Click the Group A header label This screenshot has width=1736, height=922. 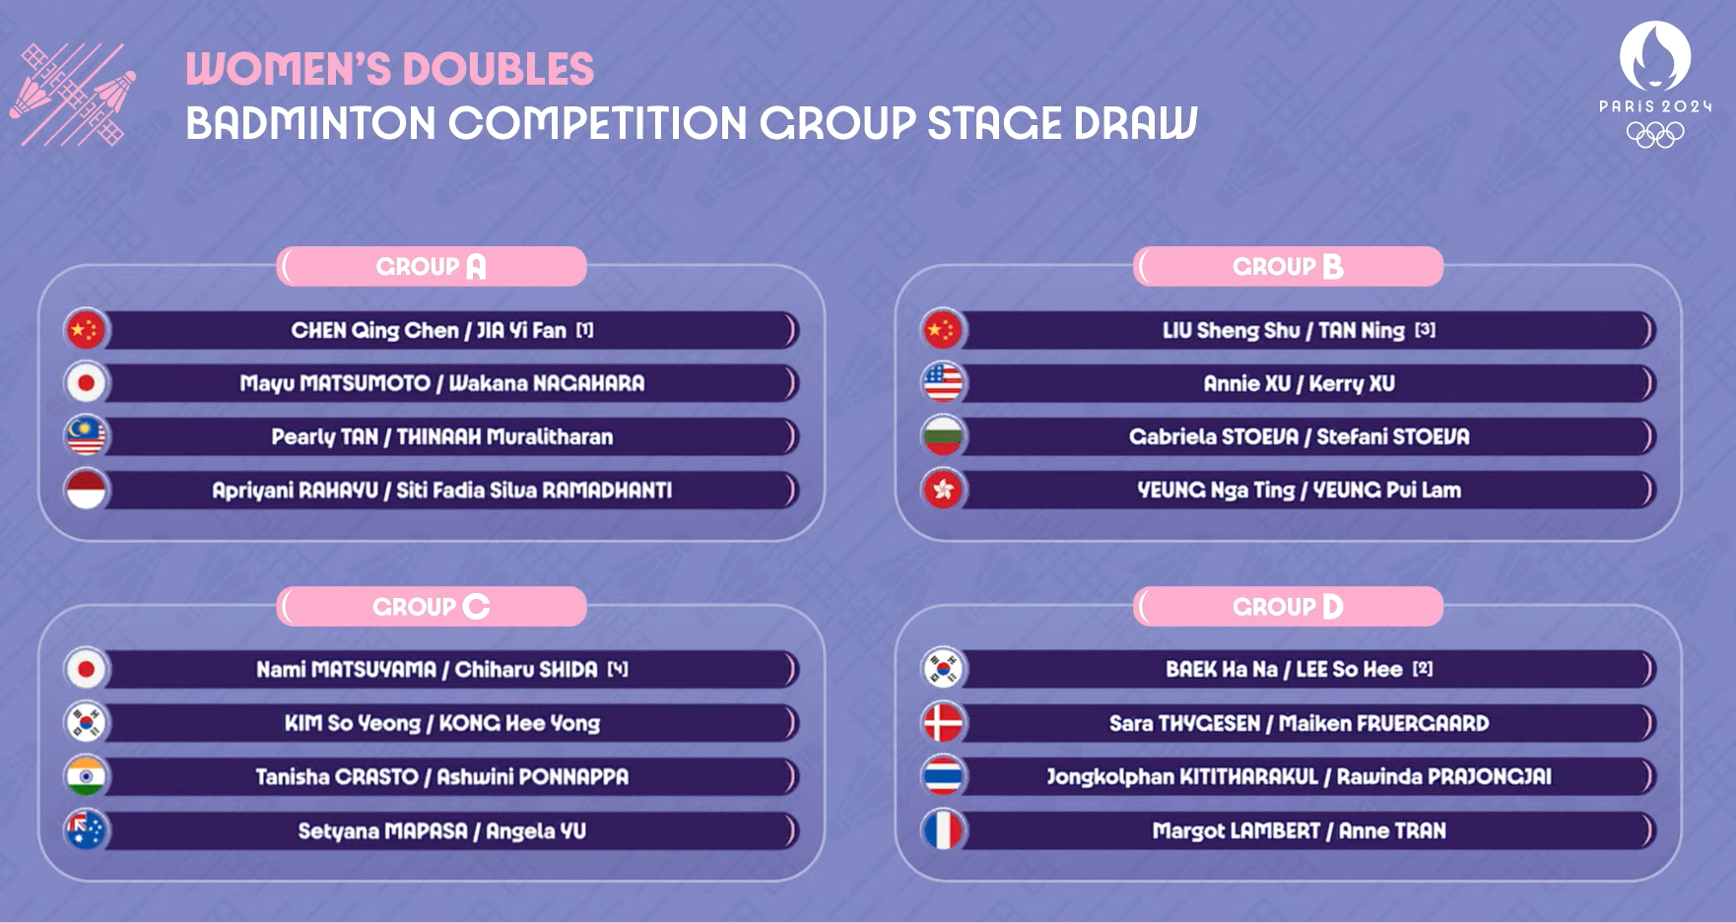pos(432,266)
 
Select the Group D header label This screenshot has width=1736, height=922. pos(1288,606)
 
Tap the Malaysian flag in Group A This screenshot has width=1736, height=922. pos(86,436)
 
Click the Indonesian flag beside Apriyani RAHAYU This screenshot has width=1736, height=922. pos(86,490)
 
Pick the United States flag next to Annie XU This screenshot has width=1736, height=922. pos(943,383)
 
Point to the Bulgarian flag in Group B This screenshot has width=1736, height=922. pos(943,436)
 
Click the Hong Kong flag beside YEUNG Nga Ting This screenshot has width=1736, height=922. pos(943,490)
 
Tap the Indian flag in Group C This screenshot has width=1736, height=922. pos(86,776)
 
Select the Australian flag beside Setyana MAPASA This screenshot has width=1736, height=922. pos(86,830)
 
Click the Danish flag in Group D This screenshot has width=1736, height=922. pos(943,723)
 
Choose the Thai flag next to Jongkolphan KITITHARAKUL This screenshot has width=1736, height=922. pos(943,776)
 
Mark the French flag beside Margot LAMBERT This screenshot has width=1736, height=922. pos(943,830)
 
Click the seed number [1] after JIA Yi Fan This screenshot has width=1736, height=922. pos(585,330)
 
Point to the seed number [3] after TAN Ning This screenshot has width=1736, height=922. pos(1425,330)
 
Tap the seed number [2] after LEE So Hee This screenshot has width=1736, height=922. pos(1423,669)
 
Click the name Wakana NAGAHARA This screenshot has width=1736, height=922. pos(547,383)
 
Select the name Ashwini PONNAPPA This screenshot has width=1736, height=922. pos(532,776)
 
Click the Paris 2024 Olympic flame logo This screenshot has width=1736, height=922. pos(1655,57)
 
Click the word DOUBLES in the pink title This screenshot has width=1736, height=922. pos(499,69)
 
